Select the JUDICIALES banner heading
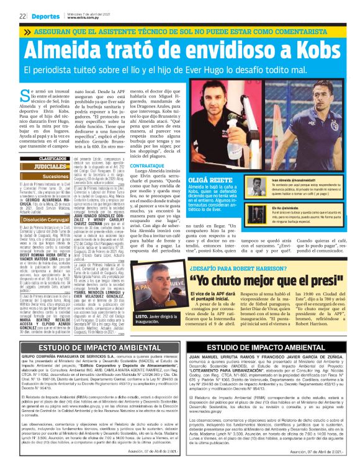point(50,166)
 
